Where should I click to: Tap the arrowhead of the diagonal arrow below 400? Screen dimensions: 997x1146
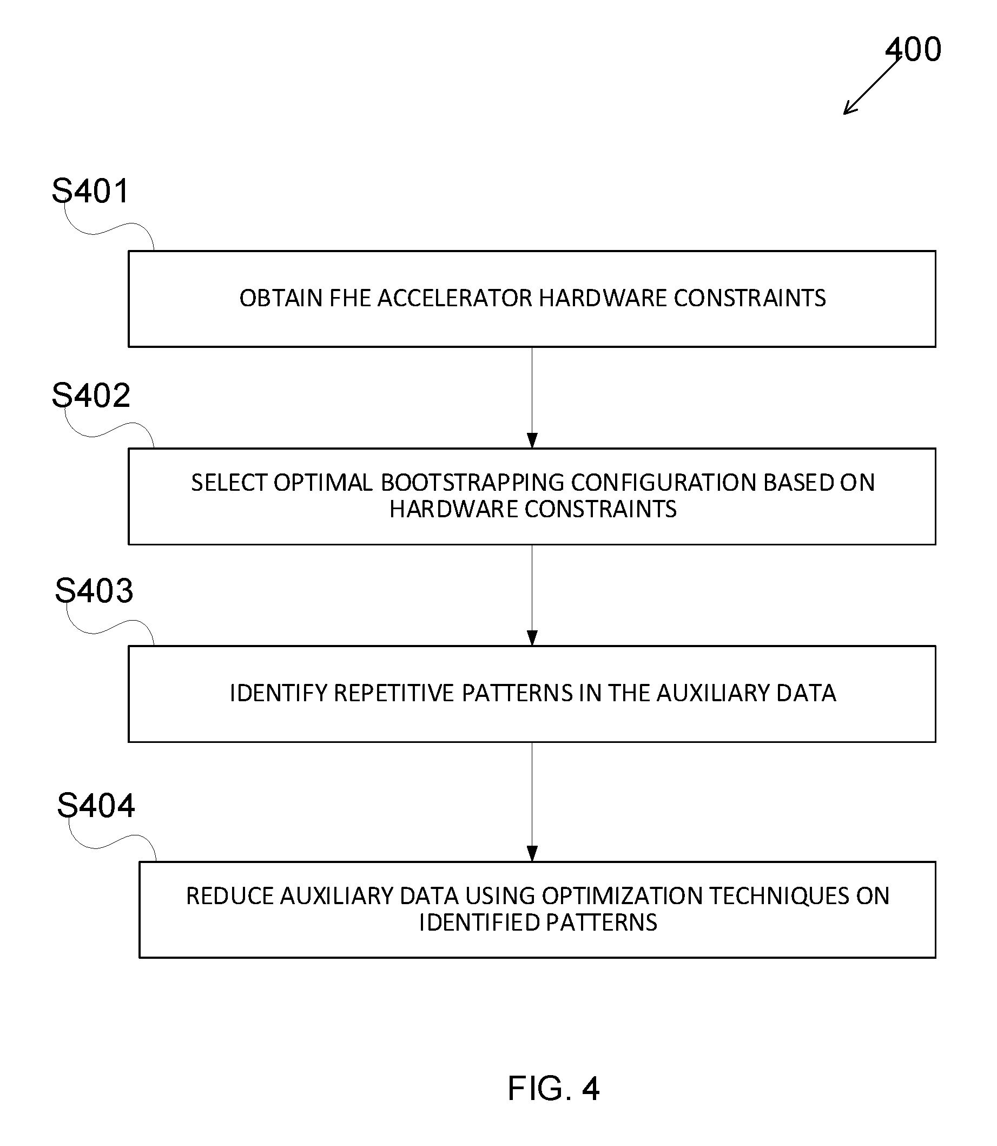tap(848, 110)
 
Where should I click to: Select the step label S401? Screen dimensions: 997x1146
tap(91, 190)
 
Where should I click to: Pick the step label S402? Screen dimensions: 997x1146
tap(91, 395)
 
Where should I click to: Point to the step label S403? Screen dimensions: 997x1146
tap(94, 590)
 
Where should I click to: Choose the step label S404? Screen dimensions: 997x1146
tap(96, 805)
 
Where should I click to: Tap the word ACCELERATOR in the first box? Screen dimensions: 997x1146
tap(454, 298)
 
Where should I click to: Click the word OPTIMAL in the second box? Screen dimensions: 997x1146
tap(323, 483)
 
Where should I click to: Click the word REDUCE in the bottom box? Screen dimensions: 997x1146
tap(229, 896)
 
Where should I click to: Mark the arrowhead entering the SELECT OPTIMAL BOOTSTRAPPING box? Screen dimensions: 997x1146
tap(532, 440)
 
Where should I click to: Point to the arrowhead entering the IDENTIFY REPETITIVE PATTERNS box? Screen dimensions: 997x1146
tap(532, 638)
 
